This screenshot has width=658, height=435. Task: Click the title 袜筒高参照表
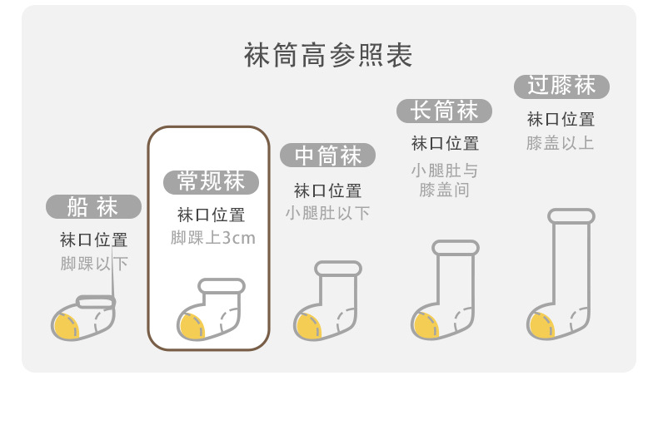(x=328, y=56)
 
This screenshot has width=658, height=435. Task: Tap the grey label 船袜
(x=93, y=206)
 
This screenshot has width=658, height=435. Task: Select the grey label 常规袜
(x=210, y=181)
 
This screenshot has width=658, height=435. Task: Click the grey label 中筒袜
(x=327, y=156)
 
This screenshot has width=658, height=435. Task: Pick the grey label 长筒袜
(x=445, y=111)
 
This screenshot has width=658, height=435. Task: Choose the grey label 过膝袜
(x=561, y=86)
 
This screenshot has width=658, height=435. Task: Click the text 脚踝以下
(x=93, y=264)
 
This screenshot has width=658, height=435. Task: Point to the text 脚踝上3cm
(x=212, y=239)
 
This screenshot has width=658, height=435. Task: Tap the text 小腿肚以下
(x=327, y=213)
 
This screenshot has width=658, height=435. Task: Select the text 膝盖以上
(x=561, y=143)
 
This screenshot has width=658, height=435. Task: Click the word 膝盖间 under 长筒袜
(x=445, y=190)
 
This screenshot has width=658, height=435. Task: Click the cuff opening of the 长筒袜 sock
(x=456, y=248)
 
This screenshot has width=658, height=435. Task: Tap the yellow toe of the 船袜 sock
(x=66, y=325)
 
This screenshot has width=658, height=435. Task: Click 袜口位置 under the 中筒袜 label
(x=327, y=190)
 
